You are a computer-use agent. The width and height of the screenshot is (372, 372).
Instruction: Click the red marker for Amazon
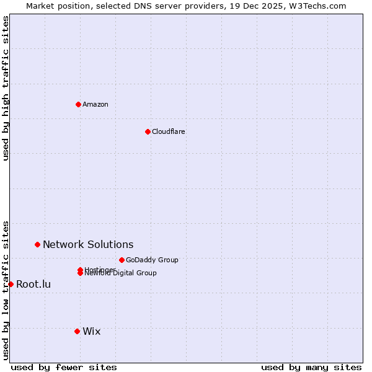click(78, 104)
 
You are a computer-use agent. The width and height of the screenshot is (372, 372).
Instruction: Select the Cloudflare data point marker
click(148, 131)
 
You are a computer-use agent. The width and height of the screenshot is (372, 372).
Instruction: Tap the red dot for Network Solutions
click(37, 244)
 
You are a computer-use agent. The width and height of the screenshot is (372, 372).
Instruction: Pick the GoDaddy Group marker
click(122, 260)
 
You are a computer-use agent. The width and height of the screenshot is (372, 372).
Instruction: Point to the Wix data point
click(77, 331)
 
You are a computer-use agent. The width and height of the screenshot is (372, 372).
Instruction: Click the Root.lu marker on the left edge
click(11, 284)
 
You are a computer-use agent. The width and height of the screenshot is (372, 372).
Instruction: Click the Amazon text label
click(95, 104)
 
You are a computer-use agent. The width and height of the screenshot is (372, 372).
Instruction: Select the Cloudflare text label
click(168, 131)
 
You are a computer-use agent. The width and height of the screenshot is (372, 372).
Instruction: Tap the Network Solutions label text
click(88, 245)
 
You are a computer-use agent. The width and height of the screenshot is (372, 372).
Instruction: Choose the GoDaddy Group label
click(152, 260)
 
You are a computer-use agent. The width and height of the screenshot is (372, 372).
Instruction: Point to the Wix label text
click(91, 332)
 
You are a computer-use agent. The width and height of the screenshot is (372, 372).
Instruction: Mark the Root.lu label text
click(33, 285)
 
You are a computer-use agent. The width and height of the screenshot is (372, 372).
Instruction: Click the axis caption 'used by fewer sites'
click(64, 368)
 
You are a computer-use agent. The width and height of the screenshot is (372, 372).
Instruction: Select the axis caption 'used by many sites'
click(311, 368)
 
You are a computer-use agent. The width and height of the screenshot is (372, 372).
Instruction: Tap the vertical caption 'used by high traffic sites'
click(6, 88)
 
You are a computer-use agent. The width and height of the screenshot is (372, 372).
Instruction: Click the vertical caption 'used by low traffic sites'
click(6, 290)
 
